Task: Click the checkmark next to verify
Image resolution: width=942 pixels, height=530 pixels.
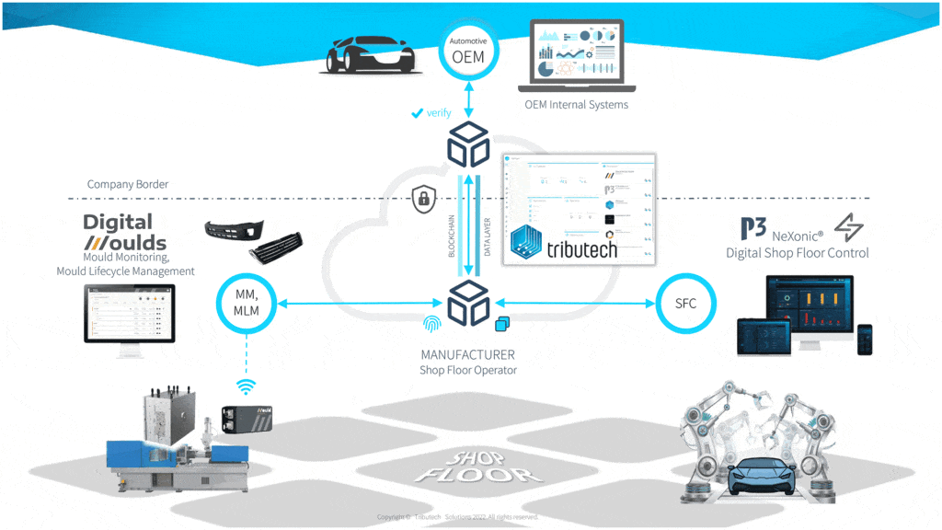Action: [x=417, y=114]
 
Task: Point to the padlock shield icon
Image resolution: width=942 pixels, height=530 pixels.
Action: [x=423, y=197]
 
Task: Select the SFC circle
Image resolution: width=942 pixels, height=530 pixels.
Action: [x=686, y=304]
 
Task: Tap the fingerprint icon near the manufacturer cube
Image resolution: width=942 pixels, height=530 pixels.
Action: [x=431, y=324]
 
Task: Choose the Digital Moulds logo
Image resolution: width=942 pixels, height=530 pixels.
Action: [x=125, y=232]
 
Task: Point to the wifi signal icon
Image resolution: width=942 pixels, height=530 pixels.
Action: [x=245, y=386]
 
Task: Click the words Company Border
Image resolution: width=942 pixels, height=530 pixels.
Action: [x=128, y=184]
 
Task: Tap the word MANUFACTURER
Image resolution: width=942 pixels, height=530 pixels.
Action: [x=467, y=354]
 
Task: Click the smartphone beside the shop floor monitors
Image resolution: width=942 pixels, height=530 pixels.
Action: [x=864, y=339]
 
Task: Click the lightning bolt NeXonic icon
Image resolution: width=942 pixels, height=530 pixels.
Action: [x=847, y=226]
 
